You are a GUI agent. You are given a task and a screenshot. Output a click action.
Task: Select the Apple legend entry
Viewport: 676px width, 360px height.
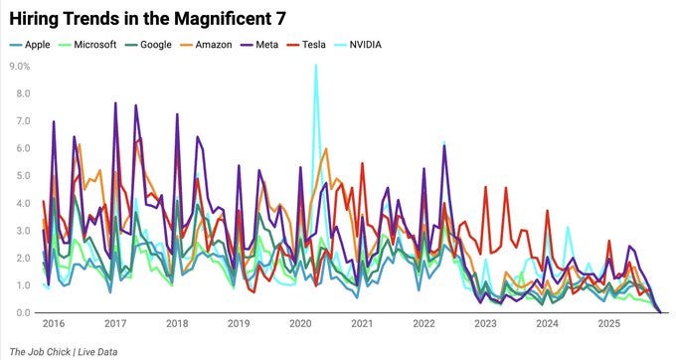click(x=37, y=45)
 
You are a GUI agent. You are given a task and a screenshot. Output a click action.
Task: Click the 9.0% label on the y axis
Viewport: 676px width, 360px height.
click(x=20, y=66)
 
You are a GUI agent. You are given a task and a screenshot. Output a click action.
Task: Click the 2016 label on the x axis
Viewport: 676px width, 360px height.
click(x=55, y=324)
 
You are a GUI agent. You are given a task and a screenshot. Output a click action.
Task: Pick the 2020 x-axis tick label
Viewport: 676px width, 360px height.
click(x=300, y=324)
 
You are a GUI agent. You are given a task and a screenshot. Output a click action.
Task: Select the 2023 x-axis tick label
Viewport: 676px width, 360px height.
click(x=485, y=324)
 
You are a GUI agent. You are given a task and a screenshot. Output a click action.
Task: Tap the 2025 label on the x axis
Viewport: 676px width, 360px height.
click(x=607, y=324)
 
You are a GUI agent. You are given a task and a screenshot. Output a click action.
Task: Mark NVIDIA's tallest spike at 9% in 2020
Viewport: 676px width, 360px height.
click(x=316, y=67)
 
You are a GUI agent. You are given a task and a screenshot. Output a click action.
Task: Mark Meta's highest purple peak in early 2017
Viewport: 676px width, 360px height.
click(x=115, y=103)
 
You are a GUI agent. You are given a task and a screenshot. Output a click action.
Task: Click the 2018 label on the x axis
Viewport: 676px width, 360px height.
click(x=177, y=324)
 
